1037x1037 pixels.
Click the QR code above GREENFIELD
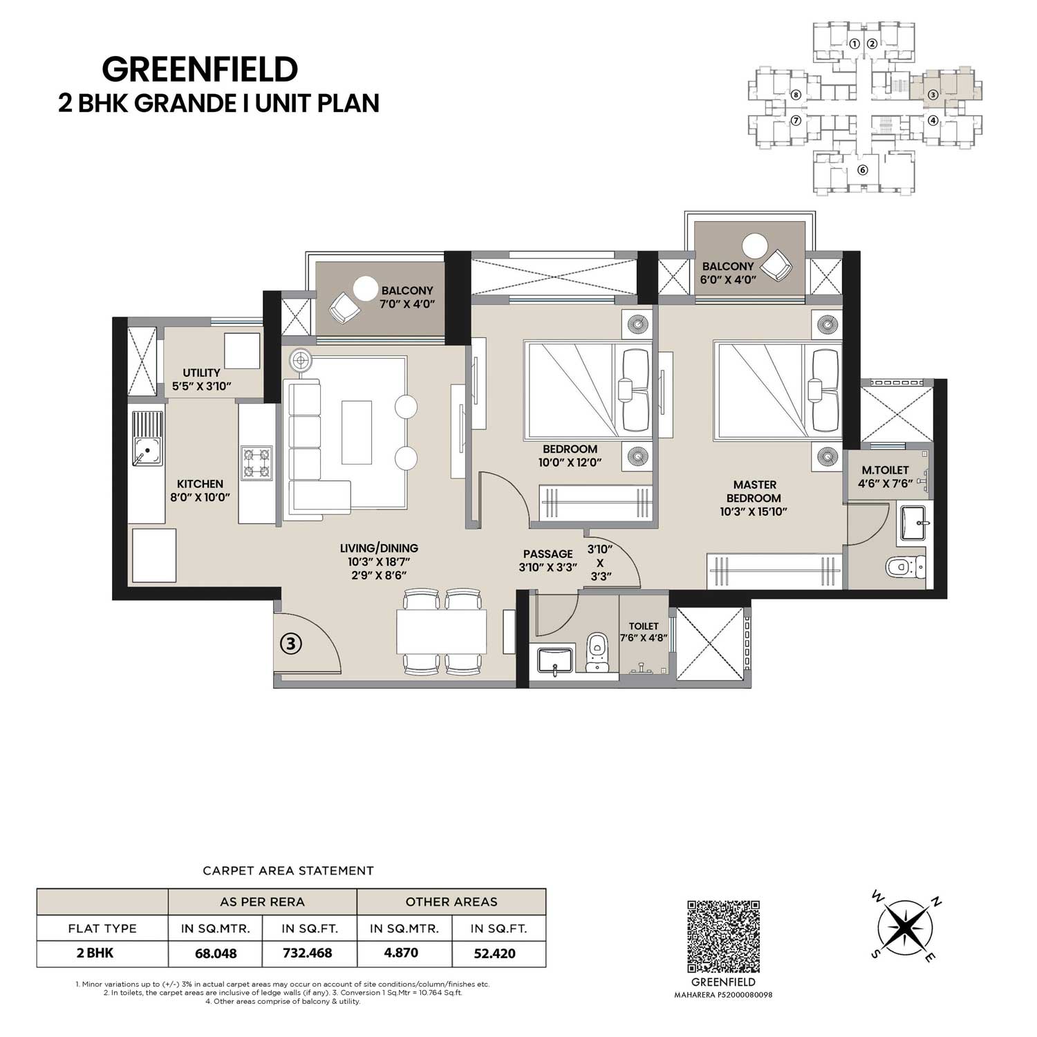724,936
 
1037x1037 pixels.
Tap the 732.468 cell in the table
308,953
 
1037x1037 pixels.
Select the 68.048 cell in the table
216,953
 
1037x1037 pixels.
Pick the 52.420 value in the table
494,953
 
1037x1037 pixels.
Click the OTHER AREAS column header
451,901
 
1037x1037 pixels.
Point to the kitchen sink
147,438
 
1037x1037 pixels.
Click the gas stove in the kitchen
256,463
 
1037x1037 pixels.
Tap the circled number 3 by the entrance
291,644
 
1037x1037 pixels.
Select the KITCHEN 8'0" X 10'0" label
200,490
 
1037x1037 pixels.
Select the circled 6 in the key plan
861,171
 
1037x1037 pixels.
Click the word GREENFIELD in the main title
200,69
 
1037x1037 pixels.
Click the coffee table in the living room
357,432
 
